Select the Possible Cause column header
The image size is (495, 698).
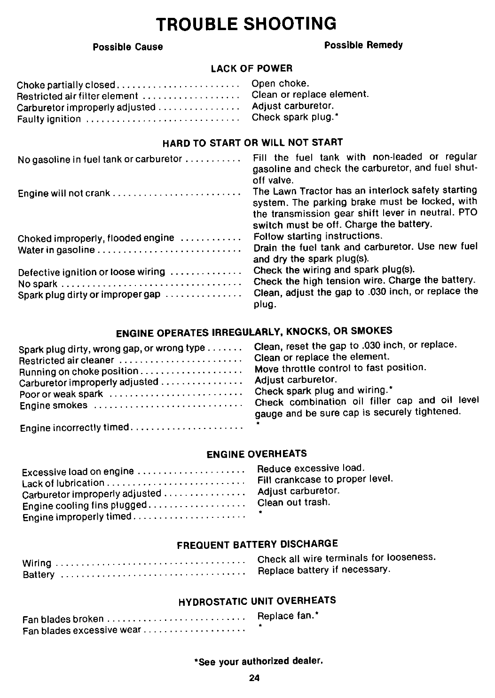[x=127, y=47]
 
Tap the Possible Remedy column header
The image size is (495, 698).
[x=363, y=45]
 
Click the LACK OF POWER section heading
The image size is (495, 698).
[x=251, y=69]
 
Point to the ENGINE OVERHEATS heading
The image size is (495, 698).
[x=257, y=454]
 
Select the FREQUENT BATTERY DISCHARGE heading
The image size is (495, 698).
[x=257, y=545]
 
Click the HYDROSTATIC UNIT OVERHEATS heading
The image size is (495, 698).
[x=257, y=601]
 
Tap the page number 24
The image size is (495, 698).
[x=255, y=678]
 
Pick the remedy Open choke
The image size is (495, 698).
[x=281, y=84]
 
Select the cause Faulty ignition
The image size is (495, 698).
[x=49, y=119]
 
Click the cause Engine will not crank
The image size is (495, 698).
[x=64, y=193]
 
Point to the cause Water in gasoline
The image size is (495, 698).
[x=56, y=250]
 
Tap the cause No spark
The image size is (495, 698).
[x=38, y=284]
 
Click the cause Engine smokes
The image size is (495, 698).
[x=54, y=405]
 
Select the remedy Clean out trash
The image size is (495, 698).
[x=294, y=502]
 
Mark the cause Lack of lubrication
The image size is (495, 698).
[x=63, y=483]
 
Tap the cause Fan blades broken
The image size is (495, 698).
[x=63, y=619]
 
